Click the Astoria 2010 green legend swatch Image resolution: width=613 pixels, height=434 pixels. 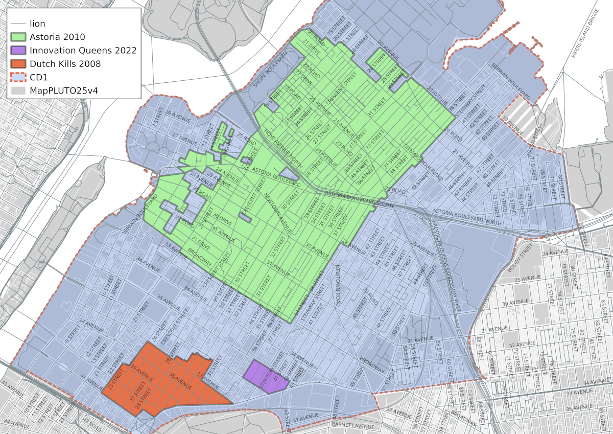pos(18,37)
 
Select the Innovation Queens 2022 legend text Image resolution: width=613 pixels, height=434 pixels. pos(83,50)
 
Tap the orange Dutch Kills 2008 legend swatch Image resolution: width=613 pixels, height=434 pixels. pos(18,64)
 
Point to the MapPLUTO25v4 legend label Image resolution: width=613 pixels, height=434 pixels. pos(64,91)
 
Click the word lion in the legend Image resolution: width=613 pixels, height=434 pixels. pos(37,24)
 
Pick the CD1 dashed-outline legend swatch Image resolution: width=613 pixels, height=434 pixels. pos(18,77)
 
